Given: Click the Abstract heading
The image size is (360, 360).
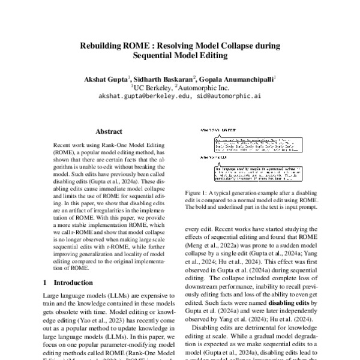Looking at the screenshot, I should coord(109,131).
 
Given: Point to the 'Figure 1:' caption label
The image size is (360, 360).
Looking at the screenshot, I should coord(197,192).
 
